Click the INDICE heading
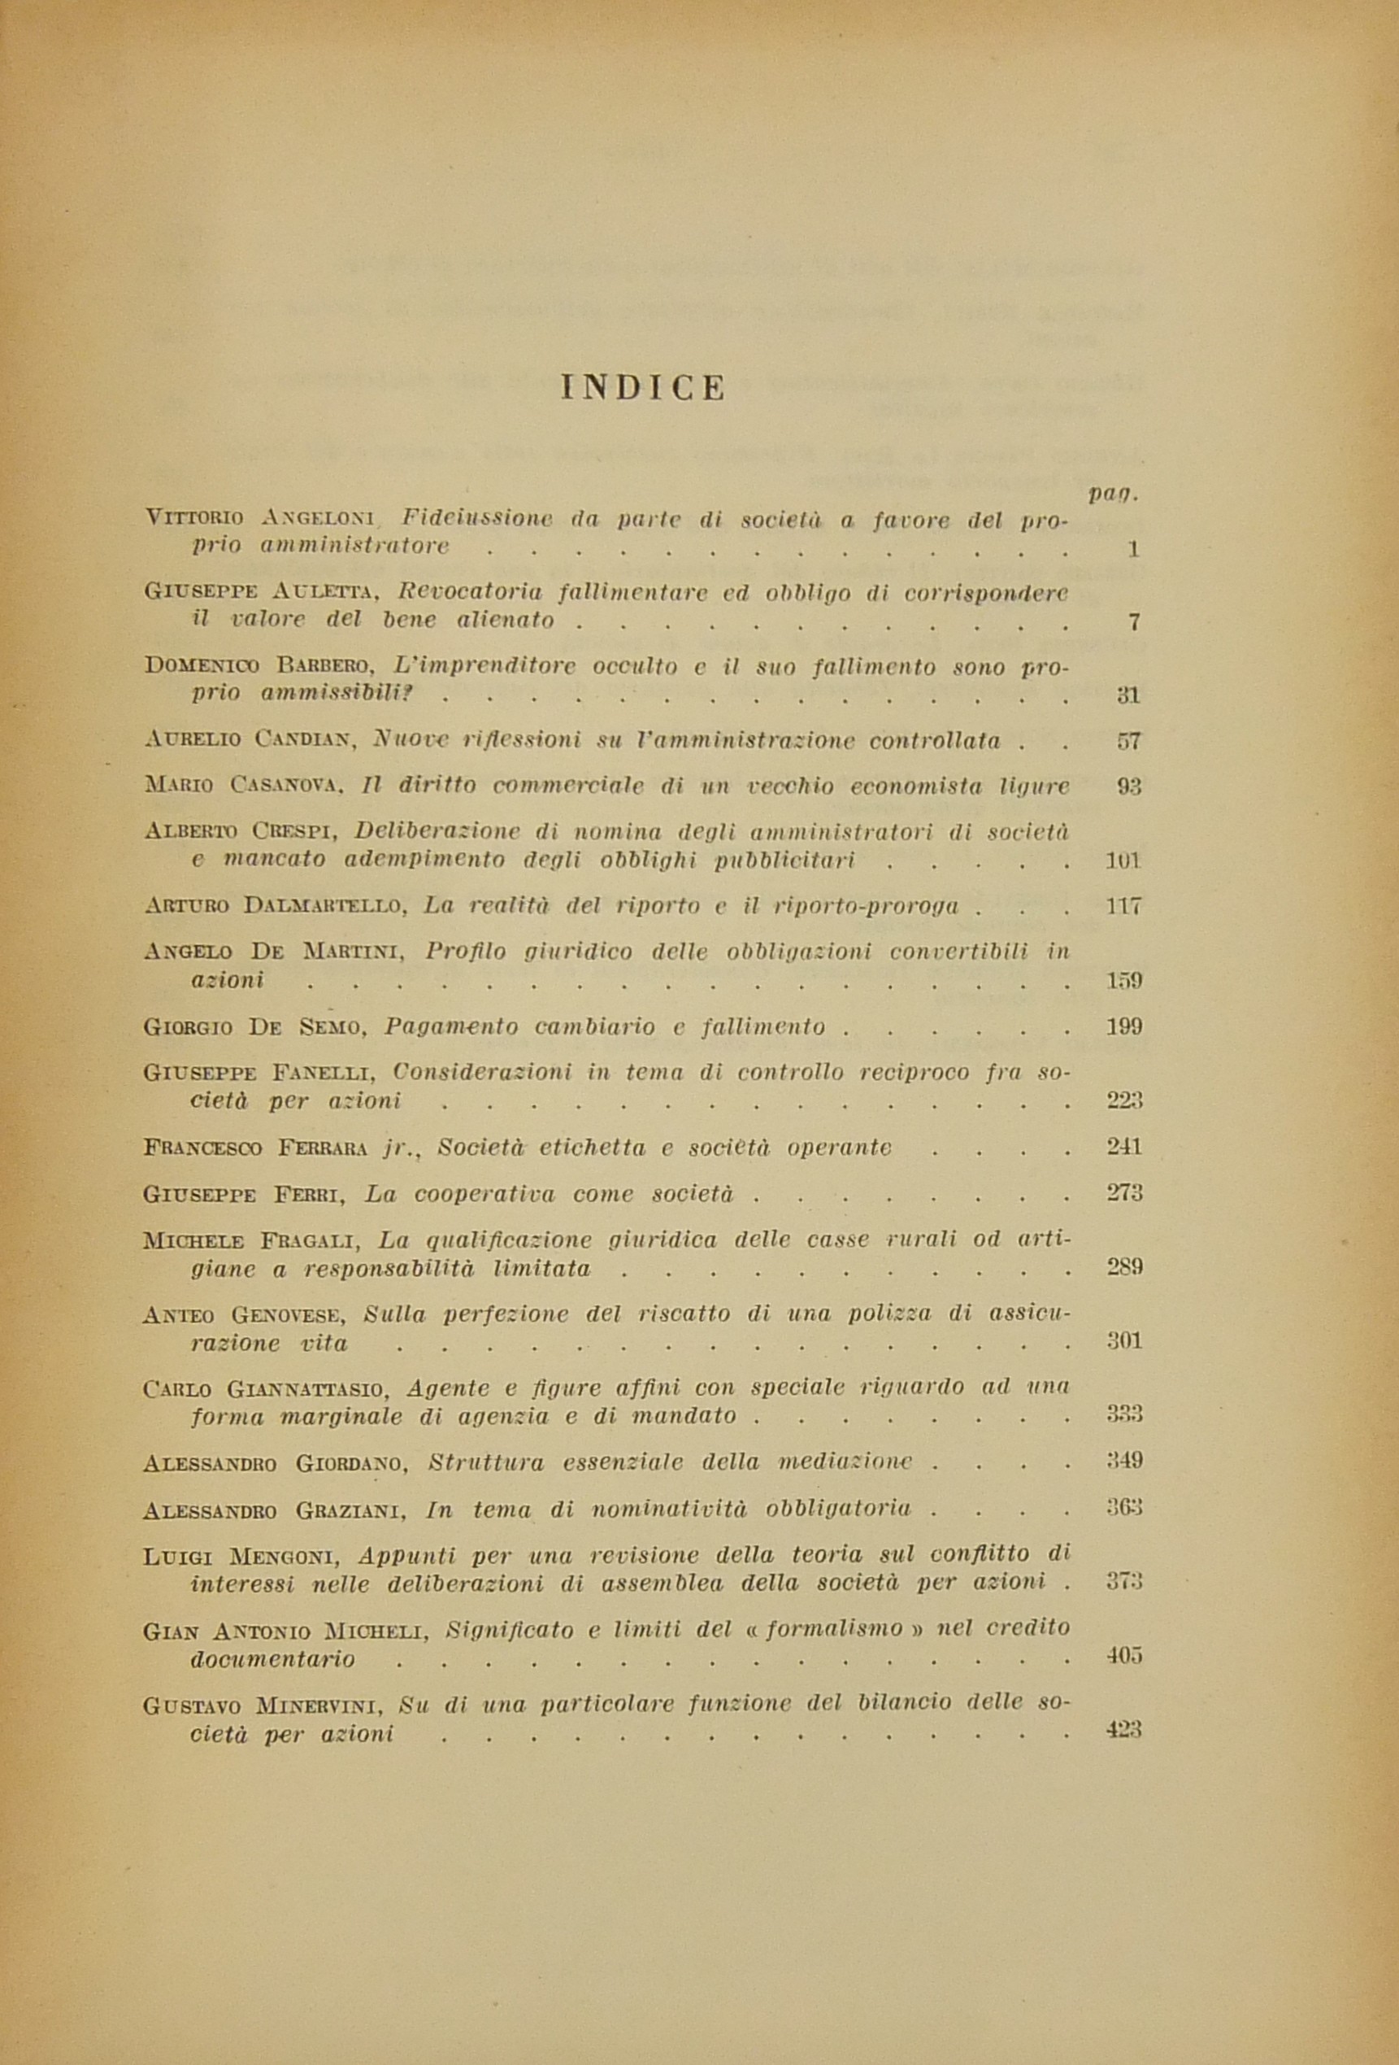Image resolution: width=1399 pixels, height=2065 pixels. (x=643, y=388)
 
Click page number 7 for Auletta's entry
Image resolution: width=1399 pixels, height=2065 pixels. (x=1133, y=622)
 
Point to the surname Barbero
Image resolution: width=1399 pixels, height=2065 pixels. (x=315, y=665)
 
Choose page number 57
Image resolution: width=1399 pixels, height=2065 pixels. (x=1128, y=740)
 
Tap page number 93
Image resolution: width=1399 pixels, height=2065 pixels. (x=1128, y=786)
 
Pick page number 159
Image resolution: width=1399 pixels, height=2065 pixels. (x=1123, y=981)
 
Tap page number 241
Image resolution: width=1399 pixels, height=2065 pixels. (x=1123, y=1147)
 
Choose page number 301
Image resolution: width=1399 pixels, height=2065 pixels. (x=1123, y=1342)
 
